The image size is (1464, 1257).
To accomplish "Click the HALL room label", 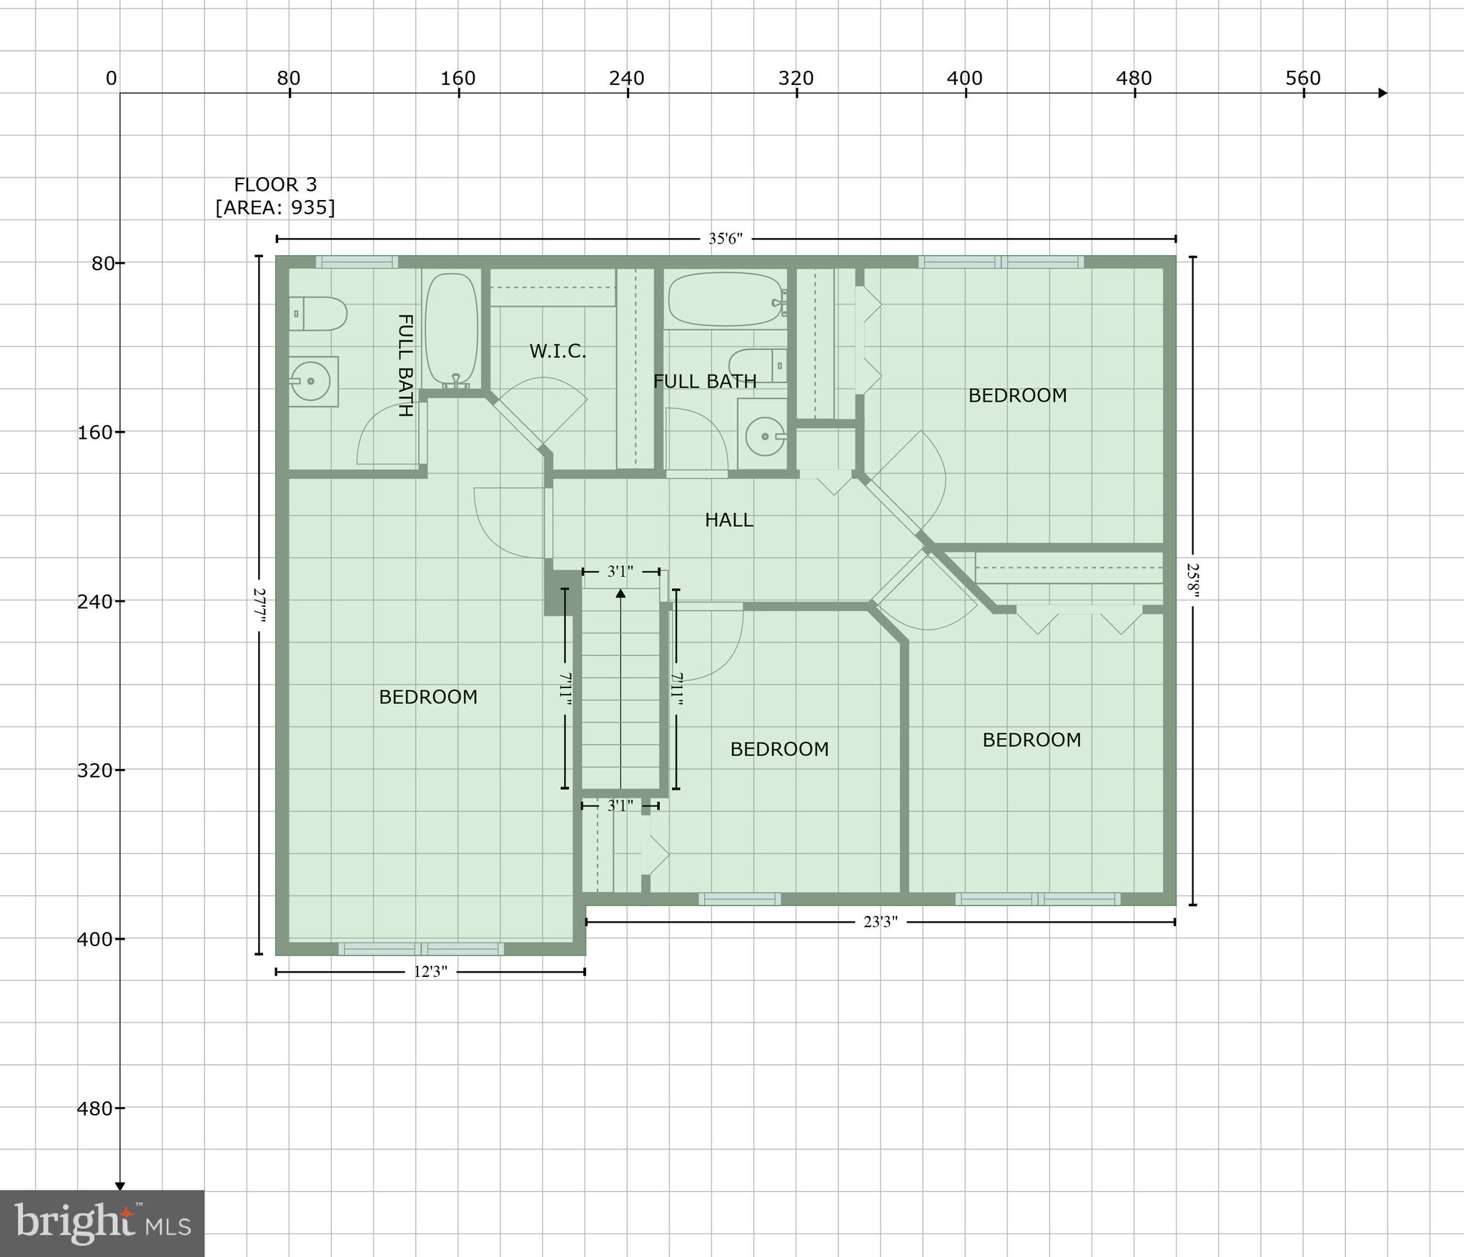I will (728, 520).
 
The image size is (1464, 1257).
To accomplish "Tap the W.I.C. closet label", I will (558, 352).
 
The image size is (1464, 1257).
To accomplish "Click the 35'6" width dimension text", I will (726, 239).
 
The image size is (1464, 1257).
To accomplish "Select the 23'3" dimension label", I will (880, 922).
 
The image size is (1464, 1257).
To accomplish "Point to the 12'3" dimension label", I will (430, 972).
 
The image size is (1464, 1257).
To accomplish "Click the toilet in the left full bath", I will (319, 314).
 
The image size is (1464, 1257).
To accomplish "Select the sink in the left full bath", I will (312, 382).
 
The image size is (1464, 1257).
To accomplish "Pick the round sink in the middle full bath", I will (764, 436).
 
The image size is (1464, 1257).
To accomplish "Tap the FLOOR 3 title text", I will (275, 185).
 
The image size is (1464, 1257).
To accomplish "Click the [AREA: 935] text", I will (275, 208).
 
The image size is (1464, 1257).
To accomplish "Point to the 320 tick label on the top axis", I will (796, 79).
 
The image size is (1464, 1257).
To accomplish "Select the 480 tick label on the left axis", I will (94, 1108).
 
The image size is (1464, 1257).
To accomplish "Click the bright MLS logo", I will (102, 1223).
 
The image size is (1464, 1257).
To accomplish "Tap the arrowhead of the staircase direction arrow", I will (620, 593).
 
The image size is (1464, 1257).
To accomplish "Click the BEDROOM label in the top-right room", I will (1017, 395).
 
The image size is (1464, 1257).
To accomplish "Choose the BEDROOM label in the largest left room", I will (428, 697).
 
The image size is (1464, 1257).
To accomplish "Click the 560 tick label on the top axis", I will (1302, 79).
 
